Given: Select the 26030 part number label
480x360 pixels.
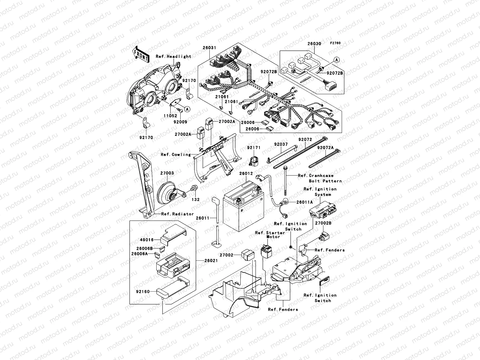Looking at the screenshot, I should tap(314, 44).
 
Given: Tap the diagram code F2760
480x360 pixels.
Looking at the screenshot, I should tap(336, 43).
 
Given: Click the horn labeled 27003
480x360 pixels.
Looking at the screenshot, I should tap(168, 194).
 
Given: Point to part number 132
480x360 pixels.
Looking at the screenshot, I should tap(196, 199).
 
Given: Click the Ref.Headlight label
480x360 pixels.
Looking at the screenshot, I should tap(173, 56).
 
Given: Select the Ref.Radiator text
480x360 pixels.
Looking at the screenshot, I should tap(177, 214).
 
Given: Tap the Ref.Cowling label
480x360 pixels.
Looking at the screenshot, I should tap(176, 154).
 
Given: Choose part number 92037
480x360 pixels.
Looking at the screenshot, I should tap(281, 144).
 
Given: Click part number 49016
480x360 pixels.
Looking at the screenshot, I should tap(147, 240).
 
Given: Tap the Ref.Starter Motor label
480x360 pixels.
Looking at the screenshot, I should tap(266, 235).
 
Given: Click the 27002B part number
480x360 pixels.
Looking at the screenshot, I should tap(323, 223).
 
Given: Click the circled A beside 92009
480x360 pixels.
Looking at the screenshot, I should tap(187, 109).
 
